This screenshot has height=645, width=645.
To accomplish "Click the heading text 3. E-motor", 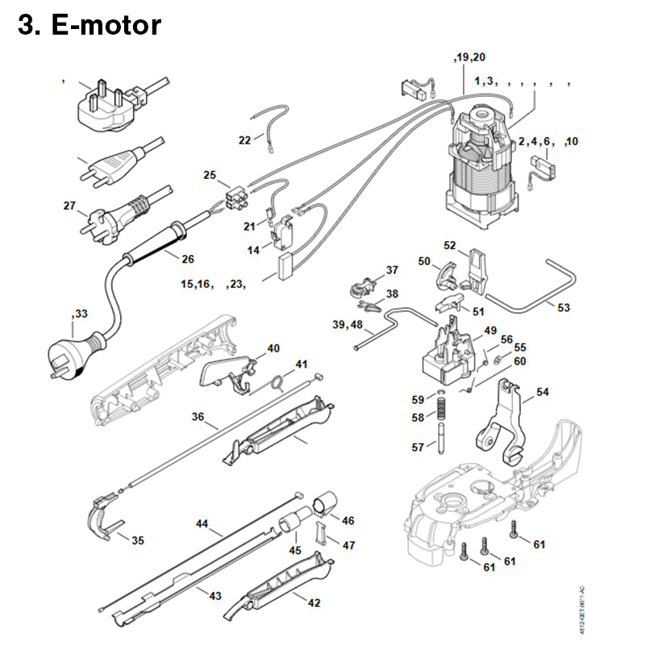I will [x=89, y=26].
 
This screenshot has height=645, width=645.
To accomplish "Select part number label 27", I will [x=70, y=206].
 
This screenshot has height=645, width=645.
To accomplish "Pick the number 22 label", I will [x=245, y=140].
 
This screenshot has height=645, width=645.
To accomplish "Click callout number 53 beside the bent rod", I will [x=564, y=306].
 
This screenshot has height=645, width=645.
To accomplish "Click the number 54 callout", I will [x=543, y=392].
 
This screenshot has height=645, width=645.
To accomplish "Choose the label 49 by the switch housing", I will [x=490, y=331].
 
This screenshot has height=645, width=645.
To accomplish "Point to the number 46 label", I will [x=348, y=521].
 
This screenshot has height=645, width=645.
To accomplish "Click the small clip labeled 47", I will [x=321, y=533].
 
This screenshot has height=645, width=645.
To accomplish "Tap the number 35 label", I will [x=138, y=540].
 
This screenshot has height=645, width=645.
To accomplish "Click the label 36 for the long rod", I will [x=198, y=417].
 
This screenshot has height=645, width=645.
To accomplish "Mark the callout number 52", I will [x=450, y=244].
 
